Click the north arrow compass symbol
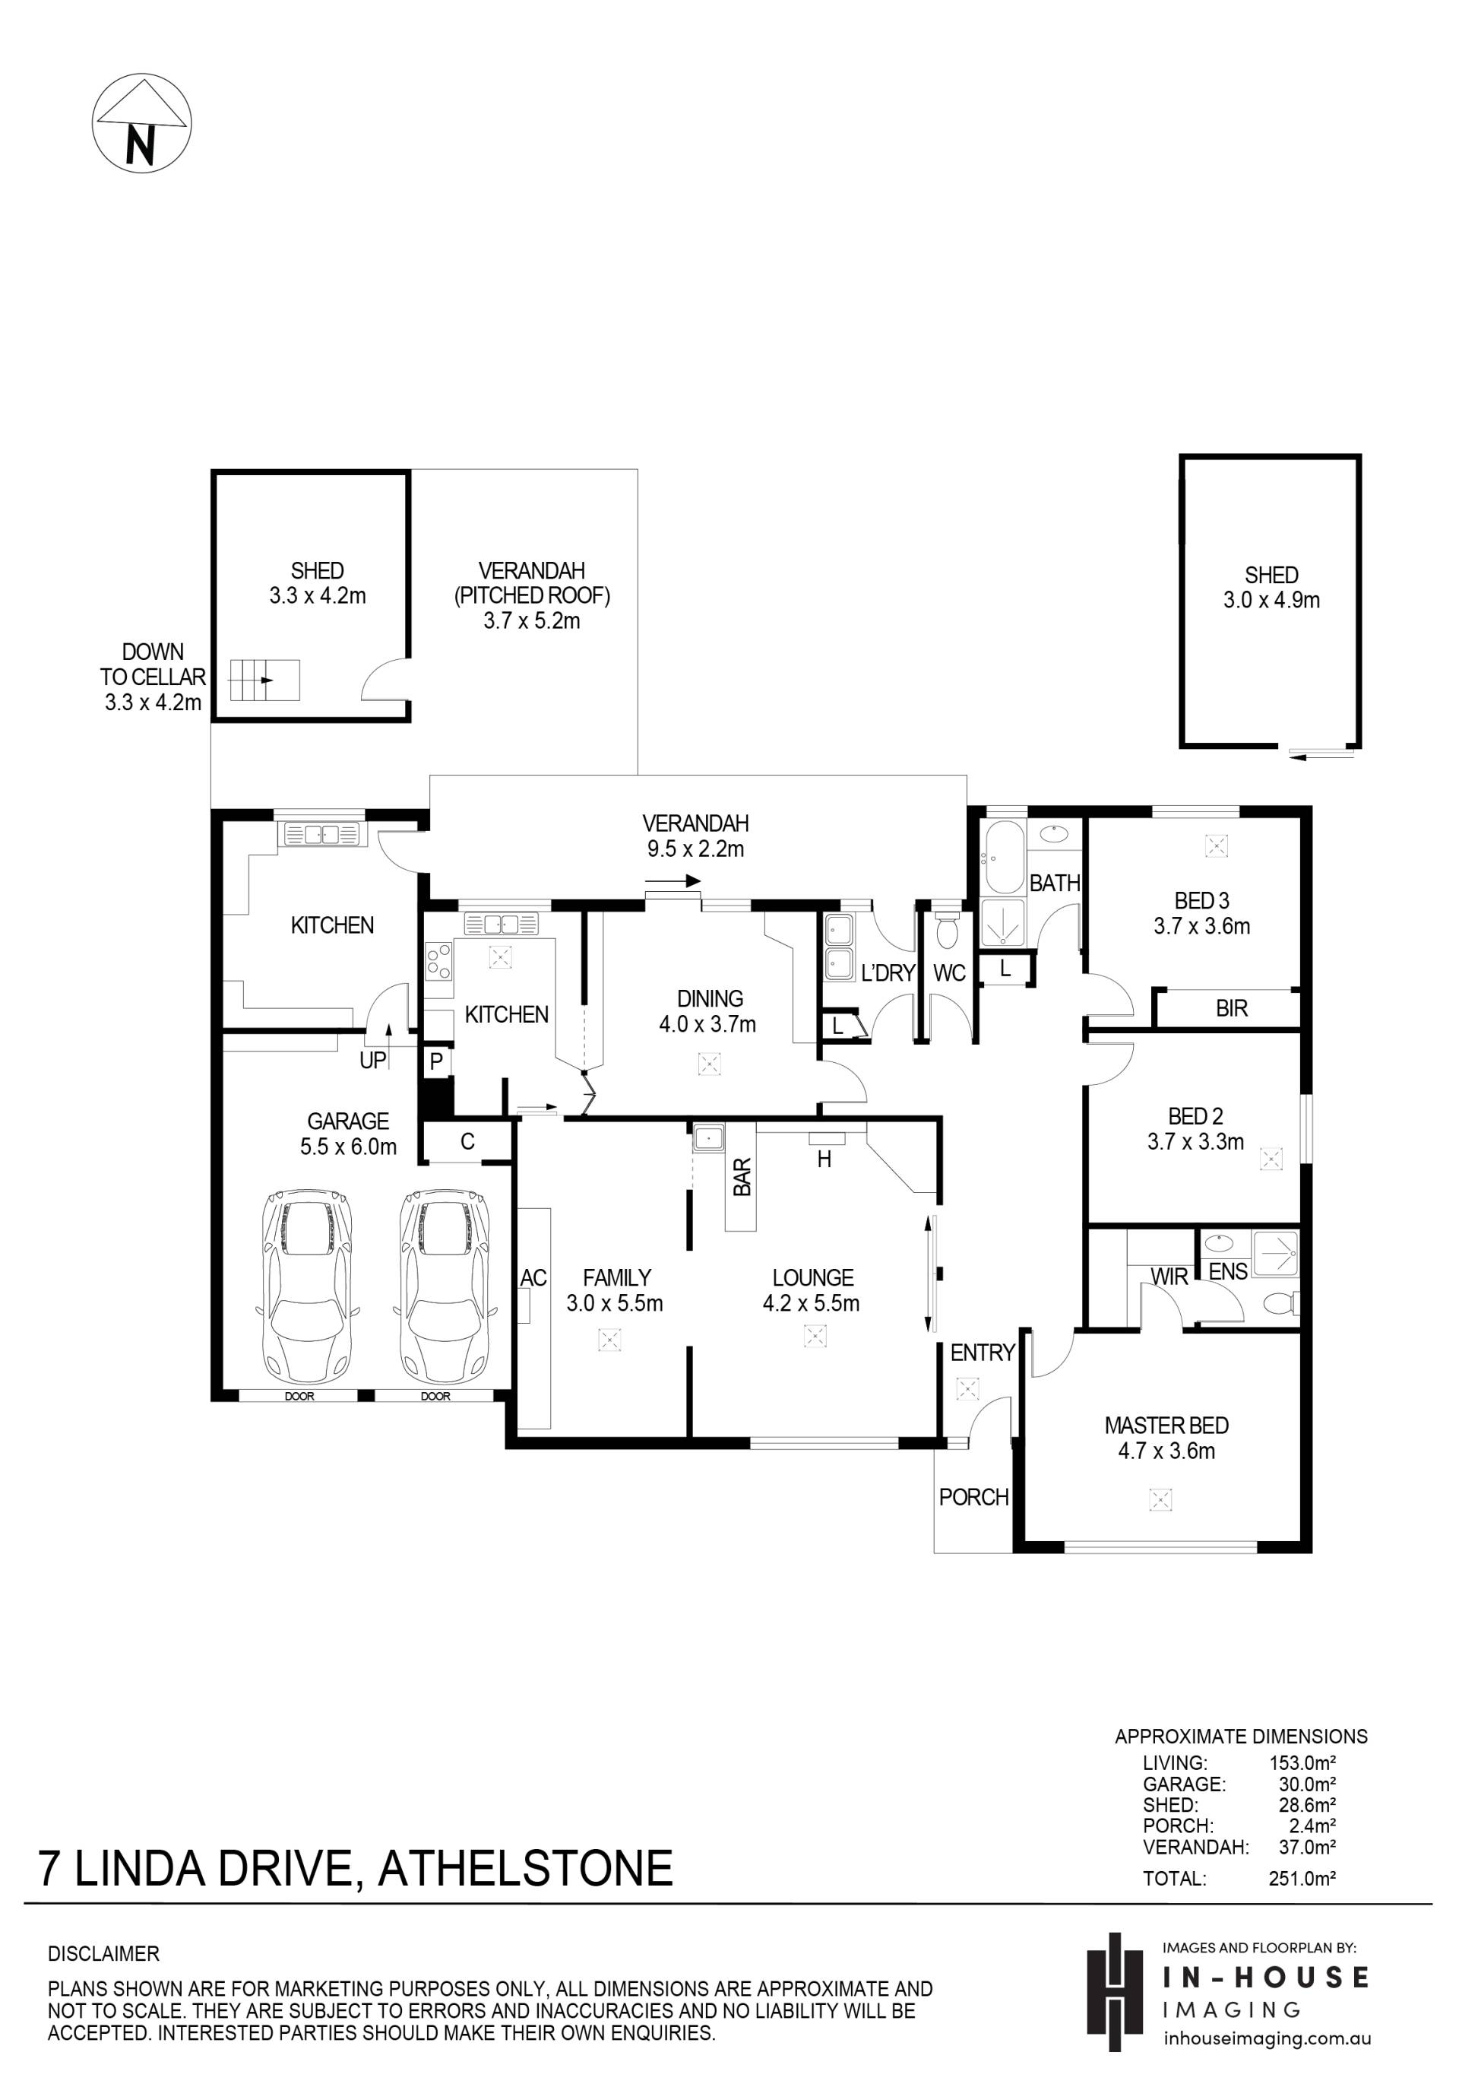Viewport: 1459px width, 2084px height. tap(141, 123)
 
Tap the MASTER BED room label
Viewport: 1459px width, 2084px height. tap(1167, 1425)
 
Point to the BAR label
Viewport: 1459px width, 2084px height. tap(742, 1177)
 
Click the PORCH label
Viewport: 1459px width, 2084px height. tap(973, 1497)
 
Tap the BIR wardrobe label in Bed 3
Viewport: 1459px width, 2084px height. tap(1231, 1008)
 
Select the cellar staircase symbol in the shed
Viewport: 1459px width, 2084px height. tap(264, 680)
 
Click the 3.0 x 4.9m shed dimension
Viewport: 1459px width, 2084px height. tap(1271, 600)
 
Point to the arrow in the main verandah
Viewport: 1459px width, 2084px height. tap(673, 880)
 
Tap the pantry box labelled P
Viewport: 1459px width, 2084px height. tap(436, 1062)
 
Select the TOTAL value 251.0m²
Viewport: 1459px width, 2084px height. tap(1302, 1878)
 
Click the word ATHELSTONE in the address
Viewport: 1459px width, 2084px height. tap(525, 1869)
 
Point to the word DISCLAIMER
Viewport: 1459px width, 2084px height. tap(103, 1953)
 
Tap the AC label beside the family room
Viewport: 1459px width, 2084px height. tap(533, 1278)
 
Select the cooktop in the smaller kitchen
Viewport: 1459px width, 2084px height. tap(439, 962)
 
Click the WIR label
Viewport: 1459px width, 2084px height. tap(1169, 1277)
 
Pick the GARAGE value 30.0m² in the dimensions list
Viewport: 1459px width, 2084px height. tap(1308, 1784)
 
